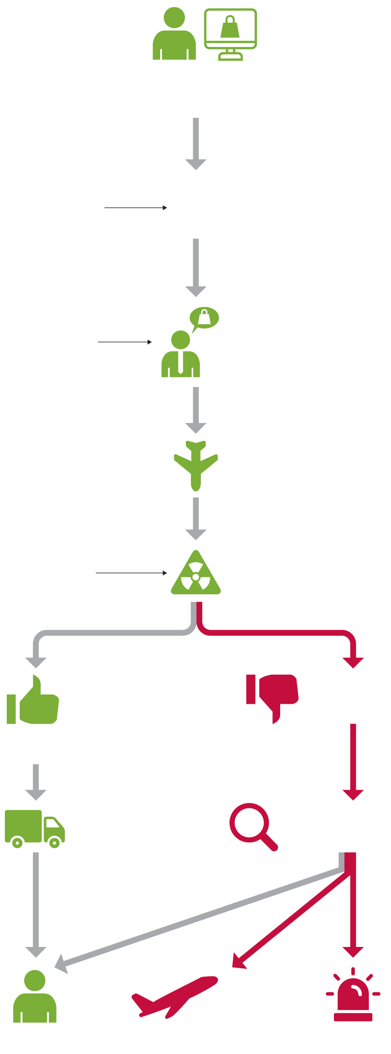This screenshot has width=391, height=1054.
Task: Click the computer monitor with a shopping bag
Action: [230, 30]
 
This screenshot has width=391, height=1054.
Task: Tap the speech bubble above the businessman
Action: [204, 318]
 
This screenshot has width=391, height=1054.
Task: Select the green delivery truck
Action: [34, 828]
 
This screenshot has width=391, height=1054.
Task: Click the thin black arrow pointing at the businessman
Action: [125, 342]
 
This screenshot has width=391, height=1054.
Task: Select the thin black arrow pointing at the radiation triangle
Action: [131, 573]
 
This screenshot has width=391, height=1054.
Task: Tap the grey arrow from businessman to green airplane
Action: [196, 410]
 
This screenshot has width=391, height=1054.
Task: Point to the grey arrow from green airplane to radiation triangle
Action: [196, 518]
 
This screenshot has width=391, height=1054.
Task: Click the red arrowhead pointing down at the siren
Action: [353, 952]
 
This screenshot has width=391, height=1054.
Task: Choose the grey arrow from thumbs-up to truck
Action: [36, 782]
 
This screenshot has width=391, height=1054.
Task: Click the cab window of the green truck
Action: [52, 823]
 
